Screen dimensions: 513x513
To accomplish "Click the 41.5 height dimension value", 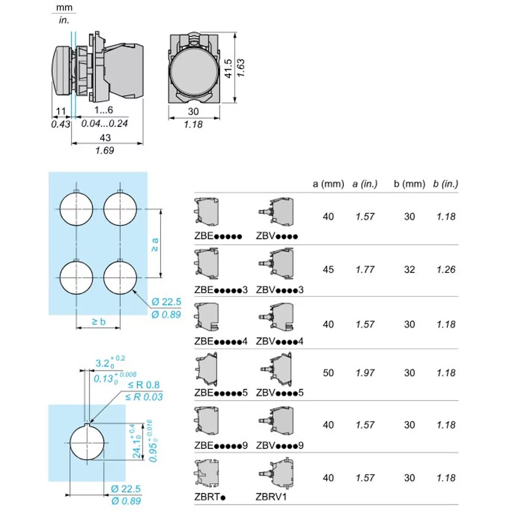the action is (228, 69).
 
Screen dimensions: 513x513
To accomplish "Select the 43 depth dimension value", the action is (105, 137).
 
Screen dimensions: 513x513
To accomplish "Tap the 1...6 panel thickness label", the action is (104, 110).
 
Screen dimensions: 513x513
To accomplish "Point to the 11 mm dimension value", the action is (61, 111).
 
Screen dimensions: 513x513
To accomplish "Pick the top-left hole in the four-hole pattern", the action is (76, 209).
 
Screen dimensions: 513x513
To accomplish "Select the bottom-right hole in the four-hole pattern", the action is (120, 278).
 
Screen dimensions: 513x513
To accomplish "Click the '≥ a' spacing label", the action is (155, 245).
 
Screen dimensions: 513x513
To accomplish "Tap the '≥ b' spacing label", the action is (98, 322).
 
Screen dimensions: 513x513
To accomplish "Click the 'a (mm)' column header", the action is (328, 184).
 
